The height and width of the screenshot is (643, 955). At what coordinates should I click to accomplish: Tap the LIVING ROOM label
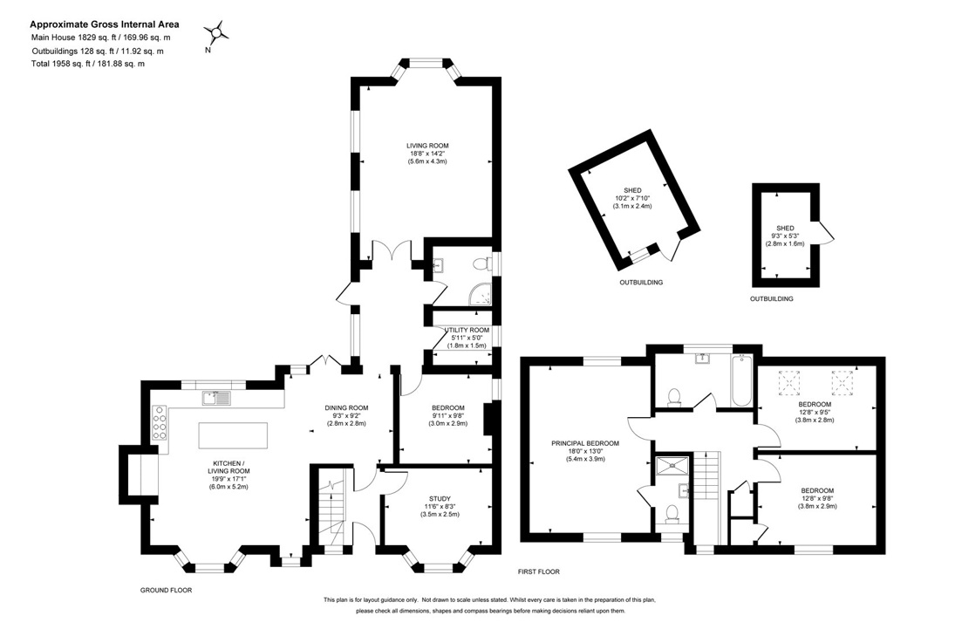(x=427, y=146)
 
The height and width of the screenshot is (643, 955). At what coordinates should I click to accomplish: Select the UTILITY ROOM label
(x=467, y=330)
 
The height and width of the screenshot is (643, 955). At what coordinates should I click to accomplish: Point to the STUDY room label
(x=440, y=498)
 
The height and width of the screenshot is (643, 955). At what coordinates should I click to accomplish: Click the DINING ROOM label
(x=346, y=407)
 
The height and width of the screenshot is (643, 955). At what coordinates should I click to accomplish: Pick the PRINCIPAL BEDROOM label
(x=584, y=443)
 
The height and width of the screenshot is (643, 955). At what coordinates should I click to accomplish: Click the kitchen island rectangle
(x=233, y=435)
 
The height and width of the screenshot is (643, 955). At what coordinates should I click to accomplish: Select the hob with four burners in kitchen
(x=160, y=423)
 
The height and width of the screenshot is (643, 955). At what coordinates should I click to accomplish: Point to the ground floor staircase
(x=333, y=510)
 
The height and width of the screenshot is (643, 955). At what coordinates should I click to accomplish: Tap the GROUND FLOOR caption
(x=166, y=590)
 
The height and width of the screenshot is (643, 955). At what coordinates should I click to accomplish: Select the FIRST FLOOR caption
(x=538, y=571)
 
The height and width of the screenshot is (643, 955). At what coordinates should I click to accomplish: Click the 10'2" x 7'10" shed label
(x=632, y=198)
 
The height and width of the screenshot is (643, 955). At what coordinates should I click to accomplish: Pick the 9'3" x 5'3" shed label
(x=785, y=236)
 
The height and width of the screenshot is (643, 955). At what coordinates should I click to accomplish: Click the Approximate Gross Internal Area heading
(x=105, y=25)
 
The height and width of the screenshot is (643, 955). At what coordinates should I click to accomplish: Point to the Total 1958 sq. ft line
(x=88, y=64)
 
